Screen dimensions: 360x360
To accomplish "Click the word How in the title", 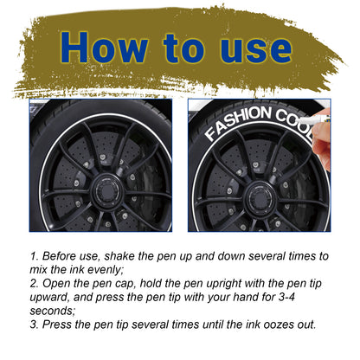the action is pyautogui.click(x=104, y=47).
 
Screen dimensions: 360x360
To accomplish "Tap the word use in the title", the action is pyautogui.click(x=256, y=49).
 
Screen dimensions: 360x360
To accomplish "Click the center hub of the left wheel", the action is pyautogui.click(x=108, y=190).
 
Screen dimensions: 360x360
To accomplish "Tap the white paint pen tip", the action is pyautogui.click(x=303, y=119).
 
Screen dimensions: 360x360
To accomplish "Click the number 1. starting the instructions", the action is pyautogui.click(x=35, y=256).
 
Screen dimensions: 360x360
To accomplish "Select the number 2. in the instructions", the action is pyautogui.click(x=35, y=284).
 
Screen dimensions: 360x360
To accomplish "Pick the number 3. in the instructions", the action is pyautogui.click(x=35, y=325).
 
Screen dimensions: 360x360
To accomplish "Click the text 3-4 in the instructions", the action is pyautogui.click(x=286, y=297).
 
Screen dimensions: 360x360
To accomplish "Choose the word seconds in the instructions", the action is pyautogui.click(x=53, y=312).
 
